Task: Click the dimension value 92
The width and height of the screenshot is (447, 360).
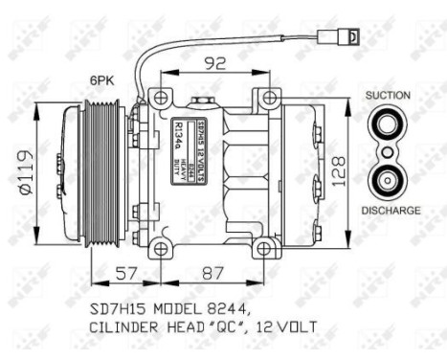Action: pos(213,65)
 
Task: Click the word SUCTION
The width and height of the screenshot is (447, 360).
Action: pos(387,96)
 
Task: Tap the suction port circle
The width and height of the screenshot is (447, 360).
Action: pos(387,124)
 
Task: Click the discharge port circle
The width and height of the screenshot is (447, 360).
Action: pos(387,179)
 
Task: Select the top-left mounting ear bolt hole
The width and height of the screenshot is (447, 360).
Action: pos(159,96)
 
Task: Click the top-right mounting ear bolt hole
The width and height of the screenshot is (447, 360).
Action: pos(269,96)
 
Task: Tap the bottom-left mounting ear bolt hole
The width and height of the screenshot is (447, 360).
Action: pos(159,249)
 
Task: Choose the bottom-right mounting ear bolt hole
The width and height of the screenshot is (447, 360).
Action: pos(269,249)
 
